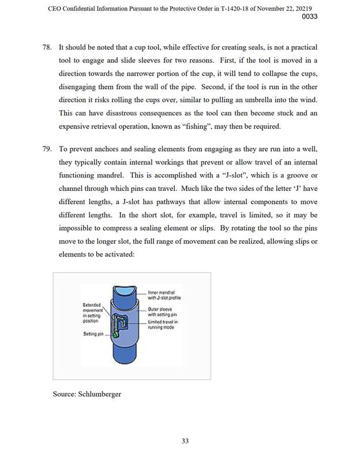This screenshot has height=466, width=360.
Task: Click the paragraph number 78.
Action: tap(47, 46)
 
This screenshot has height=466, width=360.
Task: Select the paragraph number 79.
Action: tap(47, 149)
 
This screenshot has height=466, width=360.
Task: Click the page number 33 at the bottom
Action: tap(185, 441)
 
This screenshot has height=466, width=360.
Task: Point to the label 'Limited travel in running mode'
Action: tap(163, 325)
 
